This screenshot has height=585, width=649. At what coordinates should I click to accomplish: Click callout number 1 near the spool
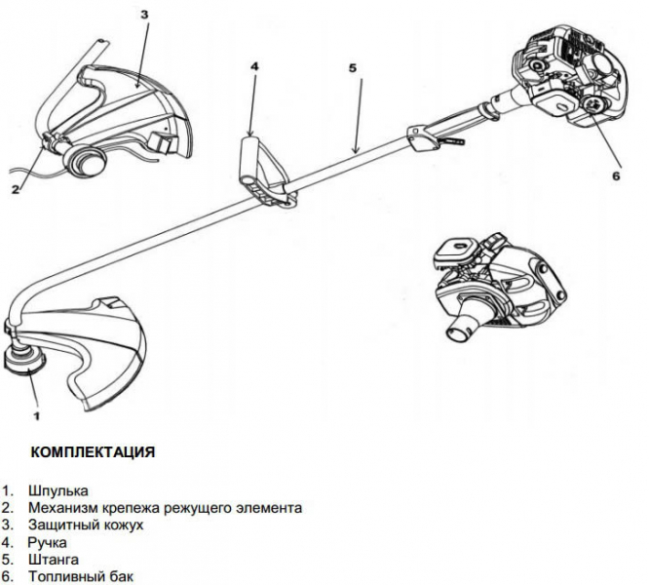click(36, 415)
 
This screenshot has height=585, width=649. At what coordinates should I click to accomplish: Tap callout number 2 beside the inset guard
click(15, 189)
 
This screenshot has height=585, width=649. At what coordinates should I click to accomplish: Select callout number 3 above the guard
click(144, 17)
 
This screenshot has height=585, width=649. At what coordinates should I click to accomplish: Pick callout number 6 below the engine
click(615, 176)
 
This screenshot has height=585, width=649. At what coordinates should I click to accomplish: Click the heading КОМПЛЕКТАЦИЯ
click(93, 453)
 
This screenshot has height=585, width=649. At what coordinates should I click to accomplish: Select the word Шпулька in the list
click(59, 491)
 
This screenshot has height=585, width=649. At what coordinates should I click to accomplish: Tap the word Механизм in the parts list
click(62, 508)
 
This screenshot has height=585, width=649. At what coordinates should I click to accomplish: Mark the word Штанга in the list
click(54, 560)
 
